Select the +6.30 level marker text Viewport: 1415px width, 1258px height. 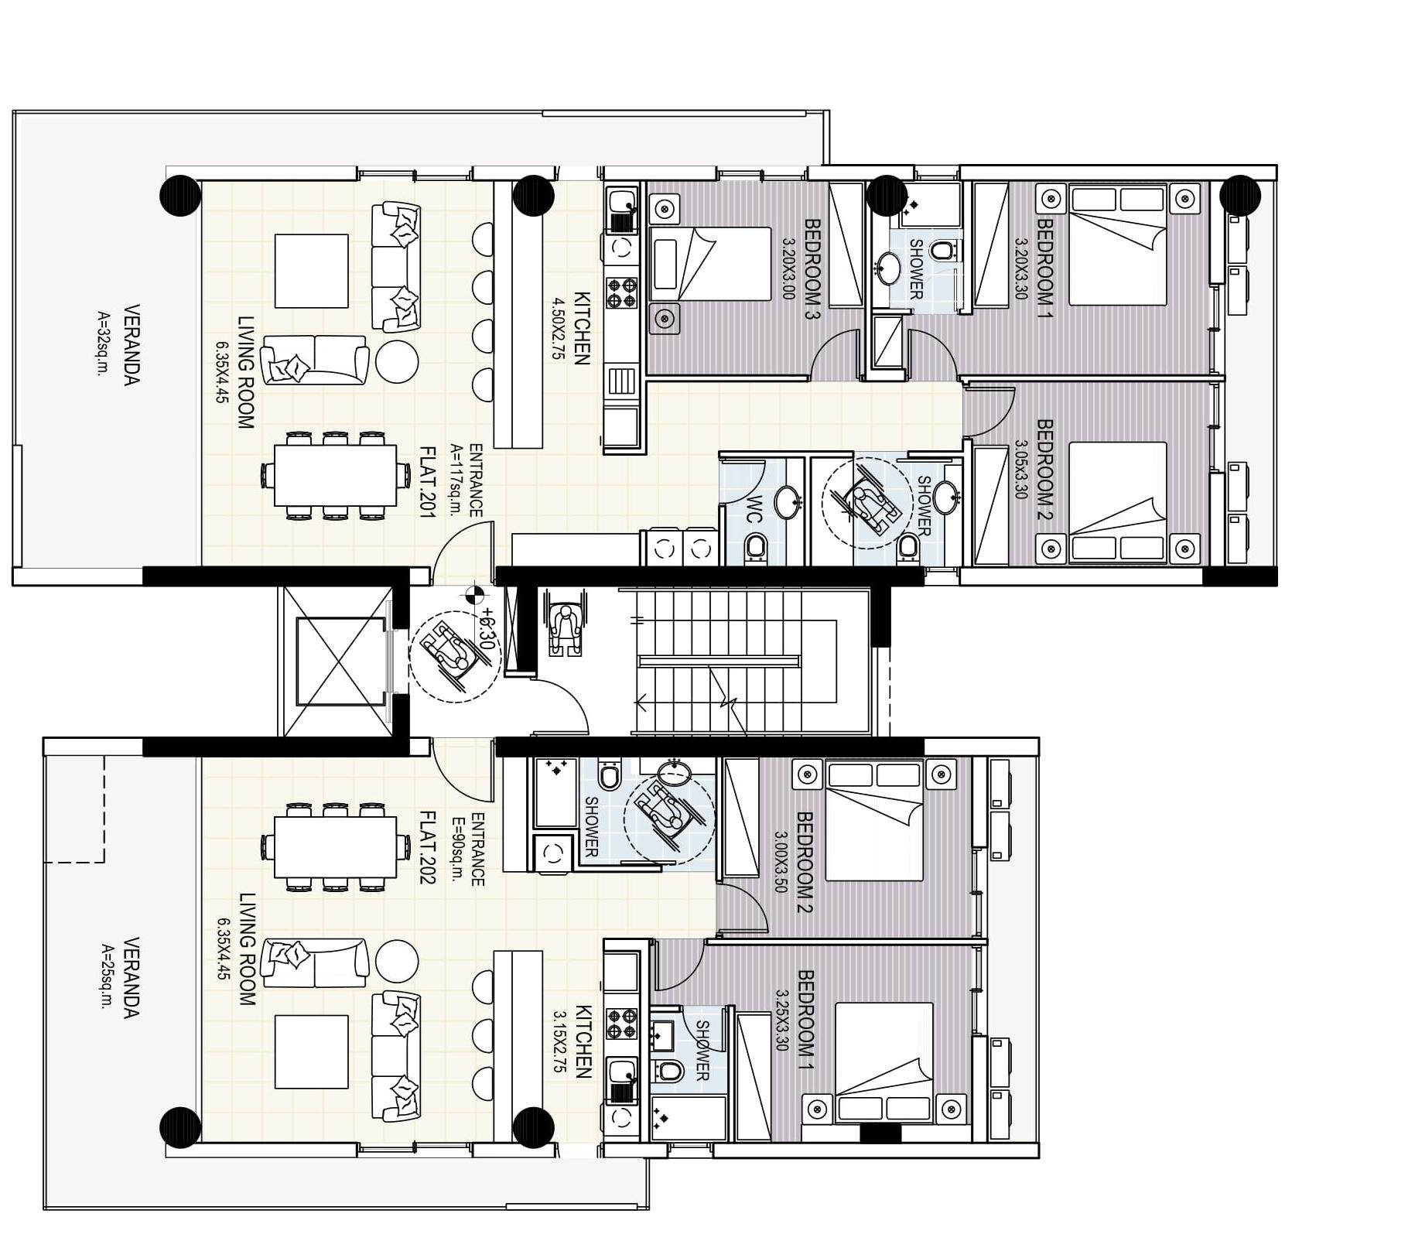[x=487, y=627]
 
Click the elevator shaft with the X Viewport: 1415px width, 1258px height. [x=341, y=662]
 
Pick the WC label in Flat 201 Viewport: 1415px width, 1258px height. [x=755, y=508]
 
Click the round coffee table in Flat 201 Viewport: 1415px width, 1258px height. [x=397, y=361]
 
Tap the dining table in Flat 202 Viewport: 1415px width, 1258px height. [x=336, y=847]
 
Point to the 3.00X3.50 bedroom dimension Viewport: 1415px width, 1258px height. [x=780, y=863]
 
